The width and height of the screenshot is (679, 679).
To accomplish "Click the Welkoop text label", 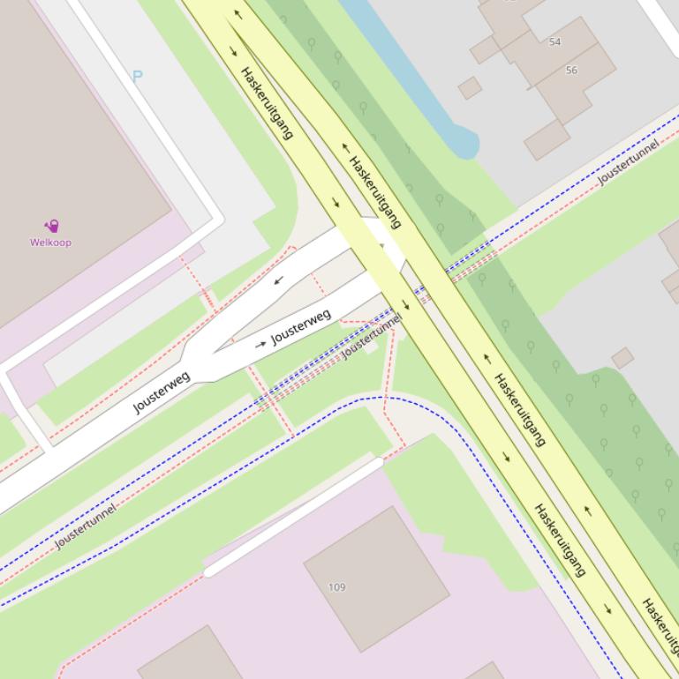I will tap(50, 242).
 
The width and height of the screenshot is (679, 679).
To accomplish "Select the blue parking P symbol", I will tap(137, 77).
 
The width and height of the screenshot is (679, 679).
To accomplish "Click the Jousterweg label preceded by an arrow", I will tap(301, 327).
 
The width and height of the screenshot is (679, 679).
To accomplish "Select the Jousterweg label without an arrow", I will tap(162, 393).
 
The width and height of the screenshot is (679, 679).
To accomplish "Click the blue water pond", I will tap(415, 79).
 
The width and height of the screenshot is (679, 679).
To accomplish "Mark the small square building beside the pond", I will tap(470, 87).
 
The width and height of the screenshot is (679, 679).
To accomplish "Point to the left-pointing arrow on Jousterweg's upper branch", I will tap(279, 281).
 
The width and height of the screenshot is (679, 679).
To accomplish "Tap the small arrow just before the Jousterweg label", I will tap(260, 344).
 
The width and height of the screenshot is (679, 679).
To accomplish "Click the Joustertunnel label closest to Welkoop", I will tap(86, 526).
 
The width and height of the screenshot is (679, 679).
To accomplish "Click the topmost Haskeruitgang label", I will tap(267, 103).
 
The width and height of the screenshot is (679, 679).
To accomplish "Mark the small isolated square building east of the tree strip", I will tap(622, 357).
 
